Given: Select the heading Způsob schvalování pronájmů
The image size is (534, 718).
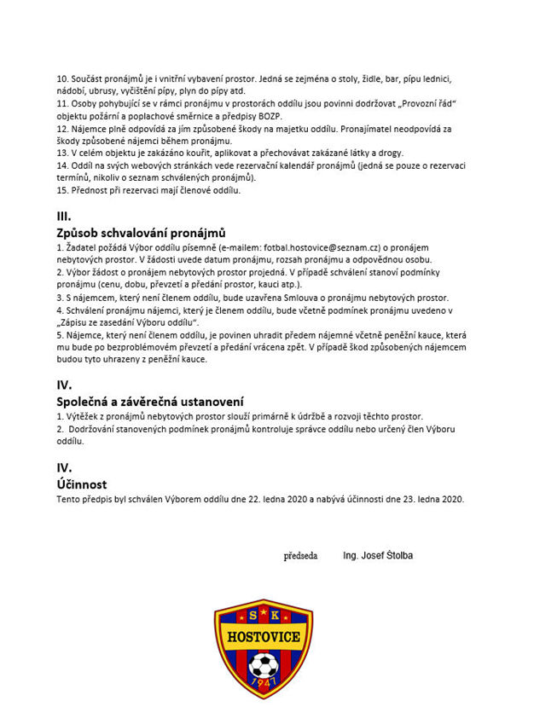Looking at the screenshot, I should [x=140, y=232].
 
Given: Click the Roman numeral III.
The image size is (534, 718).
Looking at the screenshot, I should [x=64, y=216].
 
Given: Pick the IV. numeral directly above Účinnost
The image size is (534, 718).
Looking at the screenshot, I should [x=64, y=468].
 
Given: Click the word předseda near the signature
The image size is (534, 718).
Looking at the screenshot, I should [x=300, y=556].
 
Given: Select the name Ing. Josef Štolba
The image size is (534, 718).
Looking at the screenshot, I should [x=378, y=556].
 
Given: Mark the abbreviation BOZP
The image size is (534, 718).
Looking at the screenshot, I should [x=289, y=114].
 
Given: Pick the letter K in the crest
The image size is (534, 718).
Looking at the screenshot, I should [x=276, y=616].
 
